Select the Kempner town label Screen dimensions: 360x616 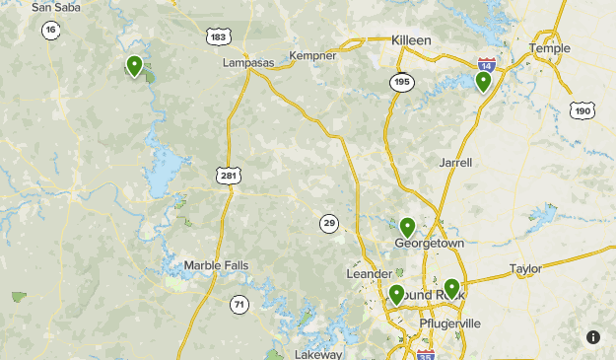click(312, 56)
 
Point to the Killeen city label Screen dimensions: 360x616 click(411, 39)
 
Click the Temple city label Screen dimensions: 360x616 click(549, 48)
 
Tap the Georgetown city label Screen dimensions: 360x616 click(429, 243)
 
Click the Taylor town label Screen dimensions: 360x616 click(525, 268)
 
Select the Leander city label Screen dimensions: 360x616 click(369, 273)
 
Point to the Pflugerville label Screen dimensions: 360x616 click(448, 323)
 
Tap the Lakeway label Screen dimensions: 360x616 click(317, 354)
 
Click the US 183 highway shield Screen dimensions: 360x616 click(218, 37)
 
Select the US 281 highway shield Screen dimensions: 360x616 click(229, 176)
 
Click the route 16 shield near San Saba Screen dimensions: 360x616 click(50, 31)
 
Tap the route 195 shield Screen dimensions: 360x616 click(400, 82)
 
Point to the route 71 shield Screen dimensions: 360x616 click(240, 305)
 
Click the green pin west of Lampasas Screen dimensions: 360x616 click(134, 66)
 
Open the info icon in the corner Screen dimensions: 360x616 click(593, 337)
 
